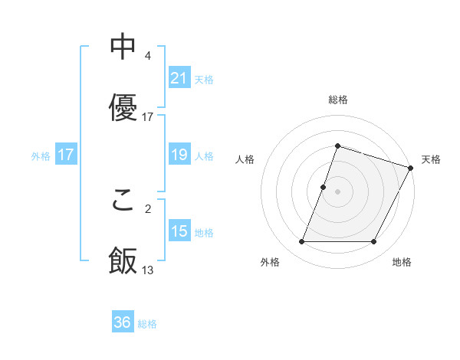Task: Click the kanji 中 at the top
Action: [x=123, y=47]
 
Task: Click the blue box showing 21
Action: [x=179, y=77]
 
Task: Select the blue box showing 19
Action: [x=179, y=155]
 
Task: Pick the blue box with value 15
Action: [x=179, y=231]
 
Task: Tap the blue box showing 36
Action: [x=123, y=322]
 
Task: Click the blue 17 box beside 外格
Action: [x=66, y=155]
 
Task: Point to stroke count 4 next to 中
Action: [x=147, y=56]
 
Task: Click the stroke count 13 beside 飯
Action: [x=148, y=270]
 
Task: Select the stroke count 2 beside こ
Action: [x=147, y=208]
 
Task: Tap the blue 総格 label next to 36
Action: [x=147, y=324]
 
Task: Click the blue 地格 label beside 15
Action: [x=204, y=232]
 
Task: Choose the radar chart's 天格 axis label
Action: [x=431, y=159]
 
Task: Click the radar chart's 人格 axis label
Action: [x=245, y=159]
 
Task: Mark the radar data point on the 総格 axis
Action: [x=337, y=146]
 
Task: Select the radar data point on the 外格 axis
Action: [x=301, y=242]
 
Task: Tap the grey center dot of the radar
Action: [x=337, y=191]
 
